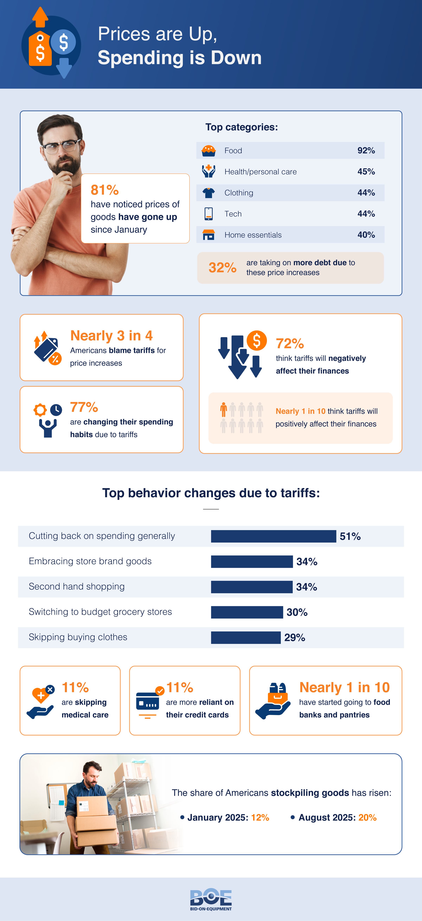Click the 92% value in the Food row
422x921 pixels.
[366, 151]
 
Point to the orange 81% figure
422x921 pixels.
[104, 190]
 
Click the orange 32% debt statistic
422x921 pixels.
[222, 267]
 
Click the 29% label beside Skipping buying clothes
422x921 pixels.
[295, 637]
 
